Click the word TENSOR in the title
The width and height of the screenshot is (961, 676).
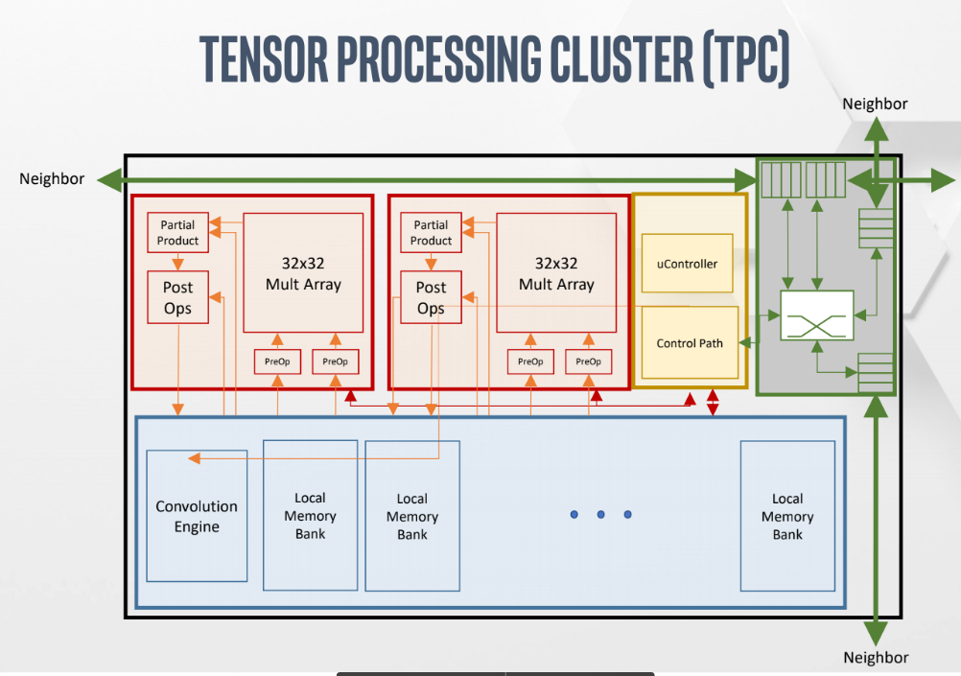point(264,58)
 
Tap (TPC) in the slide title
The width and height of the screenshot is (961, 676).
point(746,58)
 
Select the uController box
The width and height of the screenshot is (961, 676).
point(687,264)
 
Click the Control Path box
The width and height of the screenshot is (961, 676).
point(690,342)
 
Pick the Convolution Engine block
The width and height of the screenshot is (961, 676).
point(197,516)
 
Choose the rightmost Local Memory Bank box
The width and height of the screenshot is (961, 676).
point(787,516)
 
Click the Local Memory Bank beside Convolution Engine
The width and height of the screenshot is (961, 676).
point(310,516)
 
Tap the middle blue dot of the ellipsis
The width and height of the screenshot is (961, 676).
point(600,514)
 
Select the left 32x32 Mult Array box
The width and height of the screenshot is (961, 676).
point(303,272)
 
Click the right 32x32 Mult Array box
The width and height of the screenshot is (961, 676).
point(556,272)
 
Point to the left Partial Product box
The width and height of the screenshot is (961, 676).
point(177,232)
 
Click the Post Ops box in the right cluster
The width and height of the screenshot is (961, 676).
point(431,297)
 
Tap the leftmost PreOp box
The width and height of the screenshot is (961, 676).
point(277,361)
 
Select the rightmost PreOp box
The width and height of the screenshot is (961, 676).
point(588,361)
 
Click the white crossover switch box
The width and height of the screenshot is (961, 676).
point(817,315)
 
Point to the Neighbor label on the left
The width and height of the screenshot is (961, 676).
point(52,179)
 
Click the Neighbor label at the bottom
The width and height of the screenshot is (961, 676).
point(876,658)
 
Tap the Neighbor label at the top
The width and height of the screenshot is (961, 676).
point(875,104)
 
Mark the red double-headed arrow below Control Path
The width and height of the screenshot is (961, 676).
point(713,402)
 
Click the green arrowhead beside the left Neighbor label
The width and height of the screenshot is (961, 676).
point(110,180)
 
